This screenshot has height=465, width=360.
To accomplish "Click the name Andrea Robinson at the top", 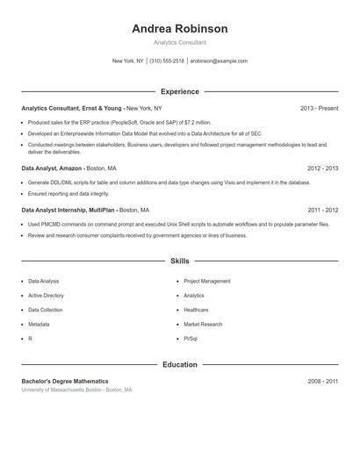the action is pyautogui.click(x=179, y=28).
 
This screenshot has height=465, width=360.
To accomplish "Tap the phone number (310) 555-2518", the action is pyautogui.click(x=167, y=61).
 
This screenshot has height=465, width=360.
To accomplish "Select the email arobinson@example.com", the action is pyautogui.click(x=219, y=61).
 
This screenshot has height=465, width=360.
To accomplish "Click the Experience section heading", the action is pyautogui.click(x=179, y=91).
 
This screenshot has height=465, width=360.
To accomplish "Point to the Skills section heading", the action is pyautogui.click(x=179, y=261).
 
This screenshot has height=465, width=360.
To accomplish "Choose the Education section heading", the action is pyautogui.click(x=179, y=364).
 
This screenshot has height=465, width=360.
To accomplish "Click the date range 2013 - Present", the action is pyautogui.click(x=319, y=108).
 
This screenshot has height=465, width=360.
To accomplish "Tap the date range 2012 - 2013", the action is pyautogui.click(x=322, y=168).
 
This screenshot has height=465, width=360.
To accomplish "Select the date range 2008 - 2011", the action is pyautogui.click(x=322, y=382).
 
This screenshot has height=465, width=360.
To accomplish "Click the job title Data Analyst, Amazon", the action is pyautogui.click(x=52, y=168).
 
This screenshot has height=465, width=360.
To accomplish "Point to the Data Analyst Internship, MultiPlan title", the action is pyautogui.click(x=68, y=211).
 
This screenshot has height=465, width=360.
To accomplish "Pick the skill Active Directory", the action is pyautogui.click(x=46, y=296).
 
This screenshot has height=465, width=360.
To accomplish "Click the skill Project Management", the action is pyautogui.click(x=207, y=282).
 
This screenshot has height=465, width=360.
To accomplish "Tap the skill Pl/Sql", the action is pyautogui.click(x=191, y=338).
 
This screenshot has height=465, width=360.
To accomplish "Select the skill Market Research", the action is pyautogui.click(x=203, y=324).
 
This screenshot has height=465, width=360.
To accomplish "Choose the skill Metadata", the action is pyautogui.click(x=40, y=324).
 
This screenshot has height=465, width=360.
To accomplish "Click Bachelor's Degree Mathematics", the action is pyautogui.click(x=65, y=382).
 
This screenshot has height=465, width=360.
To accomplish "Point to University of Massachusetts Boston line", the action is pyautogui.click(x=77, y=390).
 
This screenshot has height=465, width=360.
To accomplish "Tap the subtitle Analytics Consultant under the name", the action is pyautogui.click(x=179, y=42).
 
